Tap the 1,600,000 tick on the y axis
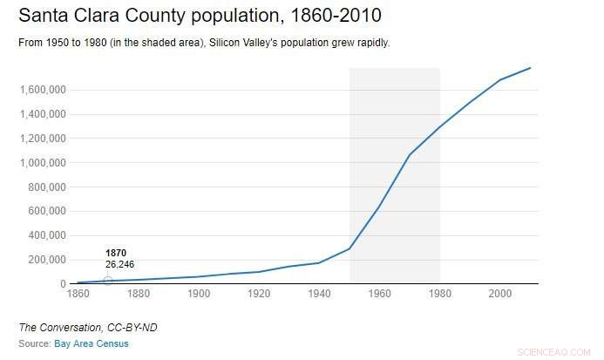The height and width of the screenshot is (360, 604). pos(43,90)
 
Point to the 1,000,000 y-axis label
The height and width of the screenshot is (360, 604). pos(43,163)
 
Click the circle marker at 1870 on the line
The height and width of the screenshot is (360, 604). pos(108,281)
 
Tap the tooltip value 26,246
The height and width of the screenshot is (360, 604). pos(120,264)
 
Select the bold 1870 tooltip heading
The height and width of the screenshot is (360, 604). pos(116,253)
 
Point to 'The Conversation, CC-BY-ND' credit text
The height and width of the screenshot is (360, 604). pos(76,327)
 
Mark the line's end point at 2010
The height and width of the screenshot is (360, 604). pos(530,68)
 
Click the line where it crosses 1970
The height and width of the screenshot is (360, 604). pos(410,154)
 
